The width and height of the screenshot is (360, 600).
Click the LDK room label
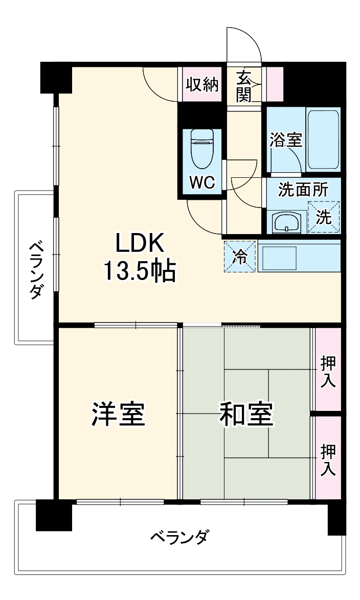(x=139, y=244)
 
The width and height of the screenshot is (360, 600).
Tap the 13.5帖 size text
(x=139, y=271)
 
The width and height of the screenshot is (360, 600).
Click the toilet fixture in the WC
(x=202, y=148)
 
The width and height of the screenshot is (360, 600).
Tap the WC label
(x=202, y=182)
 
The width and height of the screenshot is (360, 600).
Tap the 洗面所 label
(x=303, y=189)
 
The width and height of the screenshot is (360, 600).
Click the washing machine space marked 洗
(x=324, y=217)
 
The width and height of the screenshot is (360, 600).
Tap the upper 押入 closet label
(x=328, y=372)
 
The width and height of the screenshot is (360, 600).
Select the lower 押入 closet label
(x=328, y=460)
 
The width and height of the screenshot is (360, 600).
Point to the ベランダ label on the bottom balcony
(x=179, y=538)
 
